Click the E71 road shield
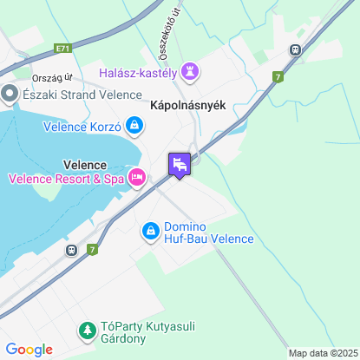[61, 49]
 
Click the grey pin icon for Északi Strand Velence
[10, 93]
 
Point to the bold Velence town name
[85, 164]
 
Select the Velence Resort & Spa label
[65, 179]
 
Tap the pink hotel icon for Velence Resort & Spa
[136, 178]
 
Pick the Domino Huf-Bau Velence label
[208, 232]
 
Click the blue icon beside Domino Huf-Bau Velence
[150, 231]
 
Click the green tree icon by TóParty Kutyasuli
[87, 330]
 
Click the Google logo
[29, 350]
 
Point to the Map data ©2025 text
[322, 353]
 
